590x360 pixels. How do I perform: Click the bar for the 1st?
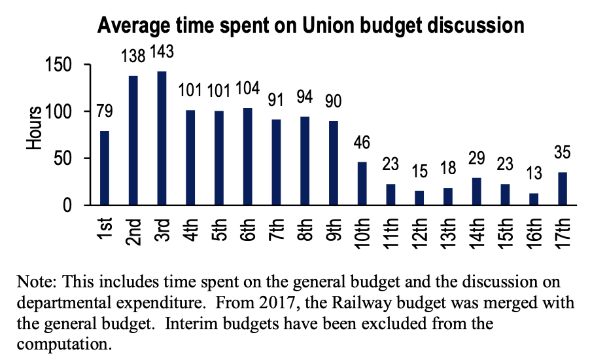(x=105, y=168)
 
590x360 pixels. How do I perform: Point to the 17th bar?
(x=563, y=189)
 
